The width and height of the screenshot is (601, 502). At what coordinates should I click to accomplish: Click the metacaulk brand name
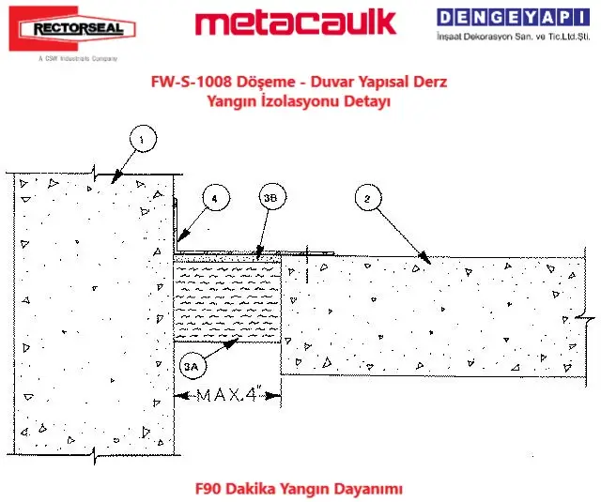(295, 23)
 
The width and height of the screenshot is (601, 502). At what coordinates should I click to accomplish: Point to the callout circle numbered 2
(368, 197)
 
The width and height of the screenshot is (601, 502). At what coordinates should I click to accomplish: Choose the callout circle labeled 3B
(270, 198)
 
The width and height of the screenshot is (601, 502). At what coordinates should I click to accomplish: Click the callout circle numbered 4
(215, 198)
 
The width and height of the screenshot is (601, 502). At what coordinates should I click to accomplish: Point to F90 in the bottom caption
(210, 489)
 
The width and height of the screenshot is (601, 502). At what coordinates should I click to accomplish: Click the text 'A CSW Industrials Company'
(71, 58)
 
